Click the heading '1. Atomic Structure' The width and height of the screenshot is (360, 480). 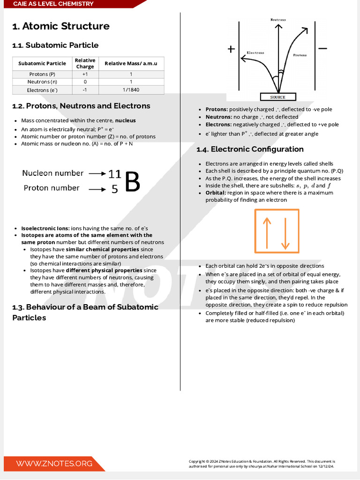click(61, 26)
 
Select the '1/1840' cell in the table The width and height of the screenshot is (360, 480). click(131, 90)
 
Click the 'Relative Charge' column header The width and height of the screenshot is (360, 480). click(85, 63)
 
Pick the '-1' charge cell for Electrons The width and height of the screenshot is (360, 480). click(85, 90)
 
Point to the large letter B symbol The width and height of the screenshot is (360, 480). click(133, 182)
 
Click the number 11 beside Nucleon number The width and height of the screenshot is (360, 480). click(114, 174)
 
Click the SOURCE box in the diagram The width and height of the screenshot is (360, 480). click(277, 97)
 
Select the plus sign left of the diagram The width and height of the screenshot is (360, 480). click(231, 49)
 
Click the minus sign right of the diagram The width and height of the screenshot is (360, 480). click(322, 48)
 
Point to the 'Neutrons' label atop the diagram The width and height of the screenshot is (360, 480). click(278, 20)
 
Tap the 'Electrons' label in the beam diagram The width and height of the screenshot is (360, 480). click(255, 52)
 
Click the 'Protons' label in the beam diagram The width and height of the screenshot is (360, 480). click(300, 55)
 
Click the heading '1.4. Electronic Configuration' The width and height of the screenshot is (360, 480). click(250, 149)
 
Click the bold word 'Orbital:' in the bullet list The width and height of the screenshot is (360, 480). click(216, 193)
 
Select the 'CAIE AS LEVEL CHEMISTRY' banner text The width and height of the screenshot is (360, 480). click(53, 4)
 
